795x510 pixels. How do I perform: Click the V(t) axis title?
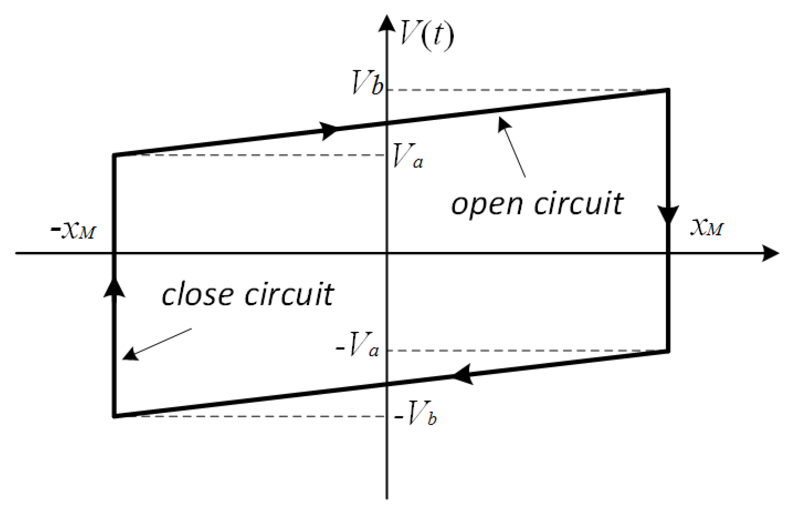click(x=426, y=35)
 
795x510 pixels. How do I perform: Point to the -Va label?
click(x=357, y=345)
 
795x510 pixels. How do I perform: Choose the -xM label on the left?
click(x=74, y=230)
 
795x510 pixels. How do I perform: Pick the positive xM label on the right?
click(x=707, y=227)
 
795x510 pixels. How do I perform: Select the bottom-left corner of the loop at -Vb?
click(x=115, y=416)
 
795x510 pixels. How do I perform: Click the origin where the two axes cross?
click(x=387, y=253)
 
